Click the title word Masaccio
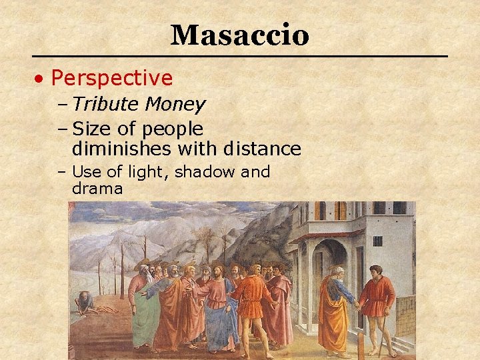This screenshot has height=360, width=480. click(x=239, y=35)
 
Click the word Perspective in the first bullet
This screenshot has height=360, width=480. click(x=111, y=79)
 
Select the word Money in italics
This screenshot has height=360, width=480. click(x=175, y=105)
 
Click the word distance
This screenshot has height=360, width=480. click(x=262, y=148)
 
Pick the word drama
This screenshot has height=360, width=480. click(x=97, y=189)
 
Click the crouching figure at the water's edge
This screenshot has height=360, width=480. click(x=85, y=301)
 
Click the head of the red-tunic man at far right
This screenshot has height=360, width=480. click(x=376, y=271)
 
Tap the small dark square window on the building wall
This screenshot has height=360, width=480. click(x=377, y=241)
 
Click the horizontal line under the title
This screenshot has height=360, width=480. click(x=239, y=56)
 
